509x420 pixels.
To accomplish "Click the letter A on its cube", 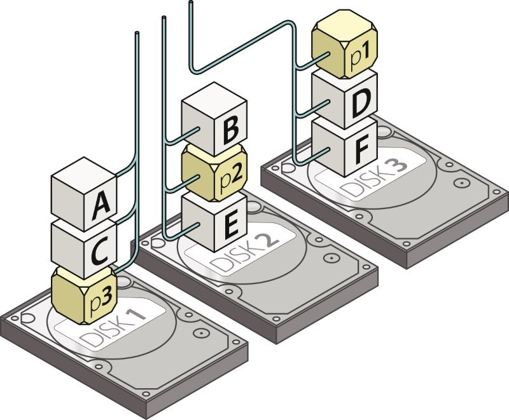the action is coord(101,206).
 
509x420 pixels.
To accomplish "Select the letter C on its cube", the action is coord(100,252).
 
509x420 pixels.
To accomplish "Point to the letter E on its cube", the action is coord(232,224).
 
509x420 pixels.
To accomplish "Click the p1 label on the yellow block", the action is coord(360,56).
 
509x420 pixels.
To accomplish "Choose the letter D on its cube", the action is coord(361,103).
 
